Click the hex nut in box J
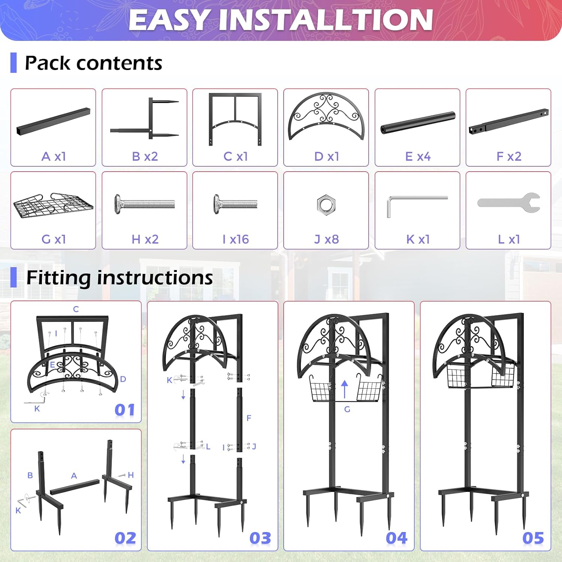coord(326,205)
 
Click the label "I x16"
coord(235,239)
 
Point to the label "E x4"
coord(418,156)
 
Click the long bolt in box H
coord(145,204)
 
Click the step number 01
coord(125,410)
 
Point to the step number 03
coord(260,538)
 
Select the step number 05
coord(533,538)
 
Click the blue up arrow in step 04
coord(345,389)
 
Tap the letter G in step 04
coord(347,410)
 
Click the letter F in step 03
coord(249,418)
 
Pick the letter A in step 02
coord(74,476)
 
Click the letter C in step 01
coord(76,309)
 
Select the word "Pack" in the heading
coord(47,63)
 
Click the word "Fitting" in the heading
coord(58,278)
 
